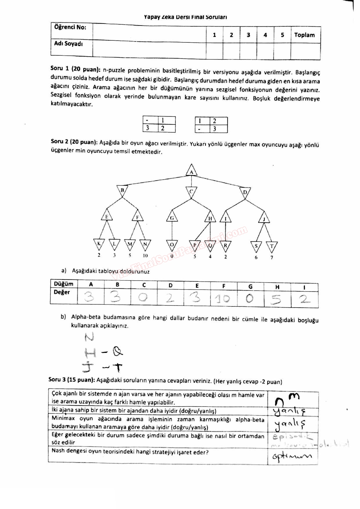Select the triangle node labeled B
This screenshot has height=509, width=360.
tap(122, 191)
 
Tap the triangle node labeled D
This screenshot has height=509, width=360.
tap(245, 193)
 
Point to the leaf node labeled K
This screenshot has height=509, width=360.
tap(99, 244)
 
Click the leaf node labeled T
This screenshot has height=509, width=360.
tap(272, 247)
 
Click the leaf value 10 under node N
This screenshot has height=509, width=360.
tap(145, 256)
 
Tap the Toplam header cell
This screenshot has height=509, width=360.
tap(305, 35)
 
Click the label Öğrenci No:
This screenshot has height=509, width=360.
tap(70, 27)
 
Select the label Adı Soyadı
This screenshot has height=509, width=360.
tap(69, 44)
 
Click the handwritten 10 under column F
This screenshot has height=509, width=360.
tap(223, 299)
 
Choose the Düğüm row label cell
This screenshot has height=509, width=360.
tap(64, 284)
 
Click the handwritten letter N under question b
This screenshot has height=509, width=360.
tap(89, 337)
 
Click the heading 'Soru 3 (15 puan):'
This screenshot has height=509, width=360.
tap(71, 380)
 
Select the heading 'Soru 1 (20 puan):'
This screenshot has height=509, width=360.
tap(75, 69)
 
